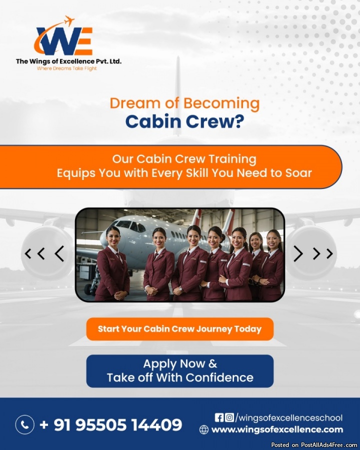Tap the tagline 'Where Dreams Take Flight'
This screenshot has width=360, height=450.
tap(67, 68)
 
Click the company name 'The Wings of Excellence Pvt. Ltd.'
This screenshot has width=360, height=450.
tap(68, 61)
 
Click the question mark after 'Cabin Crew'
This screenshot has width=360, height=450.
tap(238, 121)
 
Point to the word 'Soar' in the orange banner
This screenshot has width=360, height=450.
tap(298, 173)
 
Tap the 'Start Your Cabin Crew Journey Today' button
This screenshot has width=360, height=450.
tap(179, 329)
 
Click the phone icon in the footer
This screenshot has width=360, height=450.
tap(24, 424)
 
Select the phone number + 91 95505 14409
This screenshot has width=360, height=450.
tap(111, 424)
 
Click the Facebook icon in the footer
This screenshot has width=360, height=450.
tap(219, 417)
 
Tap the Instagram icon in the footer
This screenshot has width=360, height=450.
tap(229, 417)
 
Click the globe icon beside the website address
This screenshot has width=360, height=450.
tap(204, 429)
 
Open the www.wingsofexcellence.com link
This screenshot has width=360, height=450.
tap(277, 429)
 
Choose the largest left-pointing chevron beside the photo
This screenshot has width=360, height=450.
tap(59, 253)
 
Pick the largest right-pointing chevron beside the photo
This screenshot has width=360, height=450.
tap(298, 253)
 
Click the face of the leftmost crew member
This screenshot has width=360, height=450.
tap(113, 237)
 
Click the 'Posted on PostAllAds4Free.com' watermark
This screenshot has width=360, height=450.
tap(314, 445)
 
